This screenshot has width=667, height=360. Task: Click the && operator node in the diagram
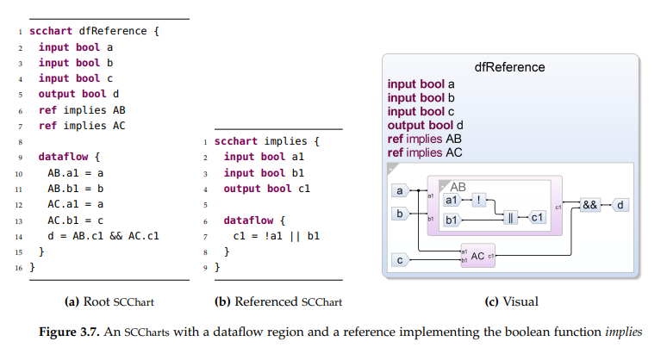590,205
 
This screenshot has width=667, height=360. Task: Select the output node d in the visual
621,205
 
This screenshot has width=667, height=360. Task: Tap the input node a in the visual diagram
400,190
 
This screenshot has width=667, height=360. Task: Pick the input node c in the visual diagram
400,258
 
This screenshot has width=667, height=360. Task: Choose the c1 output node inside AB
538,218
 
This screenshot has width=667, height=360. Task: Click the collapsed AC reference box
477,256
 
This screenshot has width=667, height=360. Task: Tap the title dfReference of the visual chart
509,66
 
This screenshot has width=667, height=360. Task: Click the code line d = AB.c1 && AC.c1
104,235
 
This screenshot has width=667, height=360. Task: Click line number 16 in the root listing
18,268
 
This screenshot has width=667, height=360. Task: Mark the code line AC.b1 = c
77,220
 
